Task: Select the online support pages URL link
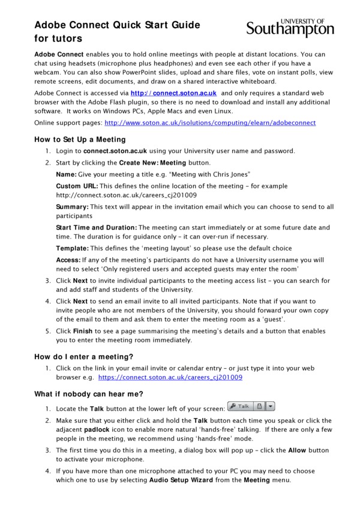[210, 123]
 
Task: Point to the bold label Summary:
[72, 207]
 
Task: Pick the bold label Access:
[68, 260]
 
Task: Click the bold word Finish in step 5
[83, 331]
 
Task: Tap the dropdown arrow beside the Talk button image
[270, 407]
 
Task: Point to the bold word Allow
[297, 450]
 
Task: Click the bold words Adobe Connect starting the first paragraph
[58, 54]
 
